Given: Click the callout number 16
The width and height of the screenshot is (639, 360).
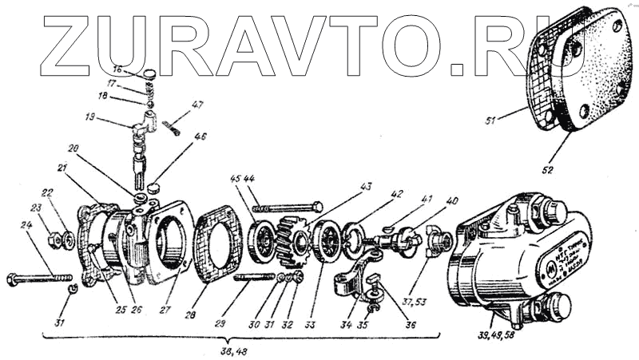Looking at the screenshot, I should pyautogui.click(x=117, y=69).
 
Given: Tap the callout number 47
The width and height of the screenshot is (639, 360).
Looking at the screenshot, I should pyautogui.click(x=198, y=105).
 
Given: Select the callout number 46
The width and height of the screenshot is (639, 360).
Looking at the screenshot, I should pyautogui.click(x=200, y=137).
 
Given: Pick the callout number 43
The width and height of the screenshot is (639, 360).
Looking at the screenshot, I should pyautogui.click(x=365, y=187).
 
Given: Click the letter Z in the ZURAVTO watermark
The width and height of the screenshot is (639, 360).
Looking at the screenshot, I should pyautogui.click(x=67, y=43).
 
